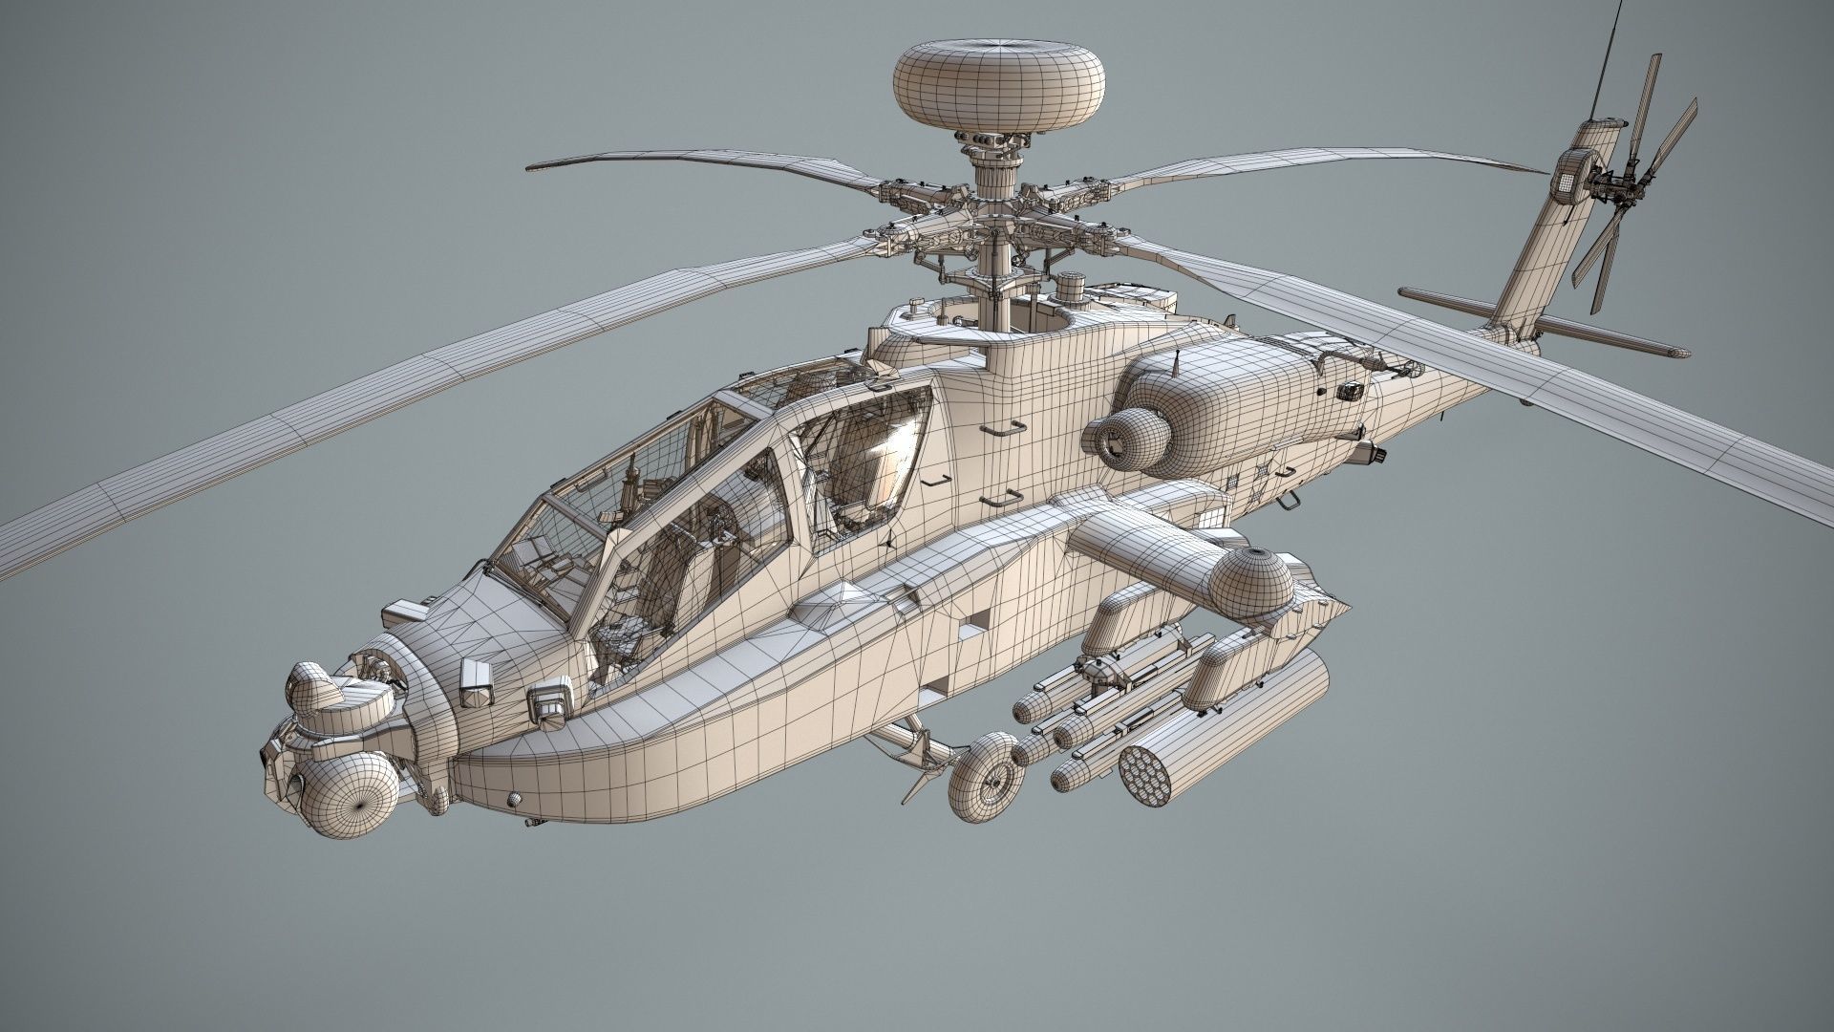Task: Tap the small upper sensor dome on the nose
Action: coord(315,690)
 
